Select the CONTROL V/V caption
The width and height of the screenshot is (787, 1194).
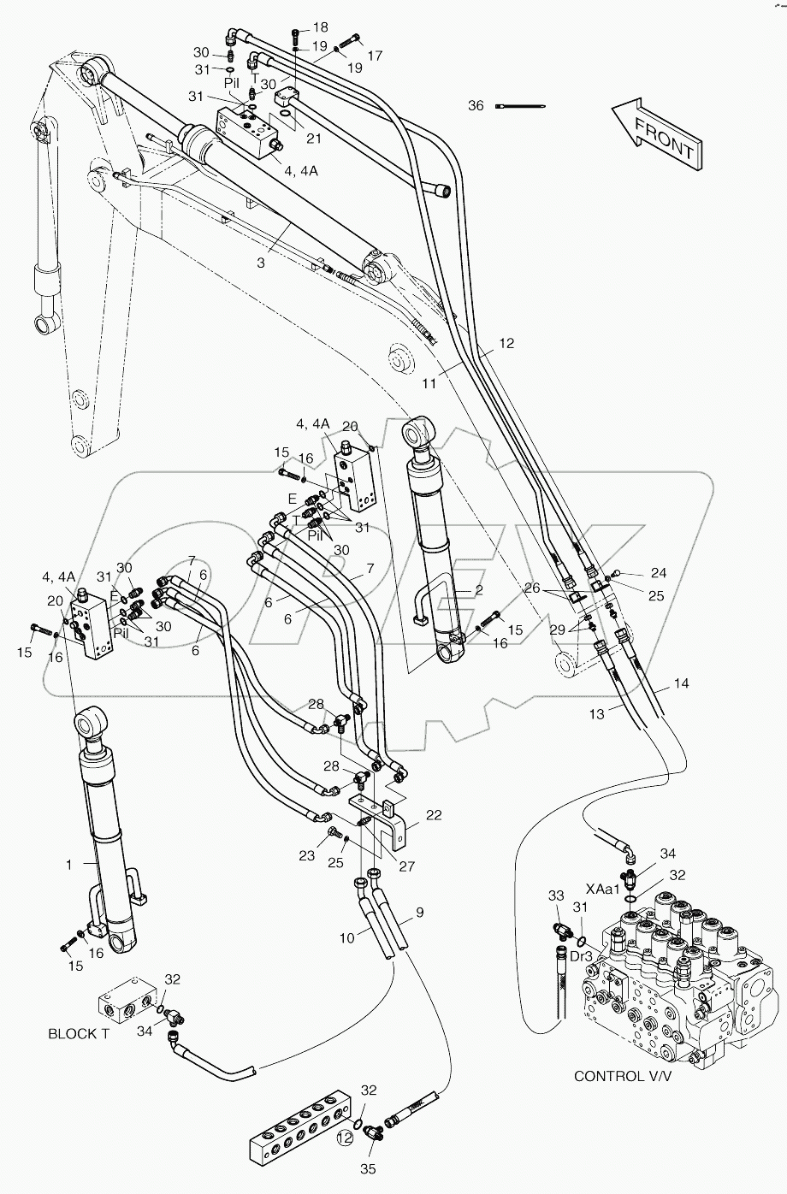pos(622,1075)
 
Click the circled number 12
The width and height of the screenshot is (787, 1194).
pos(344,1138)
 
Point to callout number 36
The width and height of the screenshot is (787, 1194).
pos(476,106)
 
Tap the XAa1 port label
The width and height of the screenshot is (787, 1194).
pos(601,890)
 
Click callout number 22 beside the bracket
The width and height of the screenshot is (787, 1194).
pos(435,815)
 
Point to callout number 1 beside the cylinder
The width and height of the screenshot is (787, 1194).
pos(69,865)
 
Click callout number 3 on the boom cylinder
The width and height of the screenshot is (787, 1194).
pos(260,263)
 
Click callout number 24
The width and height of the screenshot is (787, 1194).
pos(657,573)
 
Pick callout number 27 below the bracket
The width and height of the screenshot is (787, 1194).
pos(407,866)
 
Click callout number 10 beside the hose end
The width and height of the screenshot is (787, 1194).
pos(346,937)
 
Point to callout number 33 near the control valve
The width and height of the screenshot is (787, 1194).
pos(556,895)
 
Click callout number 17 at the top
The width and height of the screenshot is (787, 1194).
pos(375,56)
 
